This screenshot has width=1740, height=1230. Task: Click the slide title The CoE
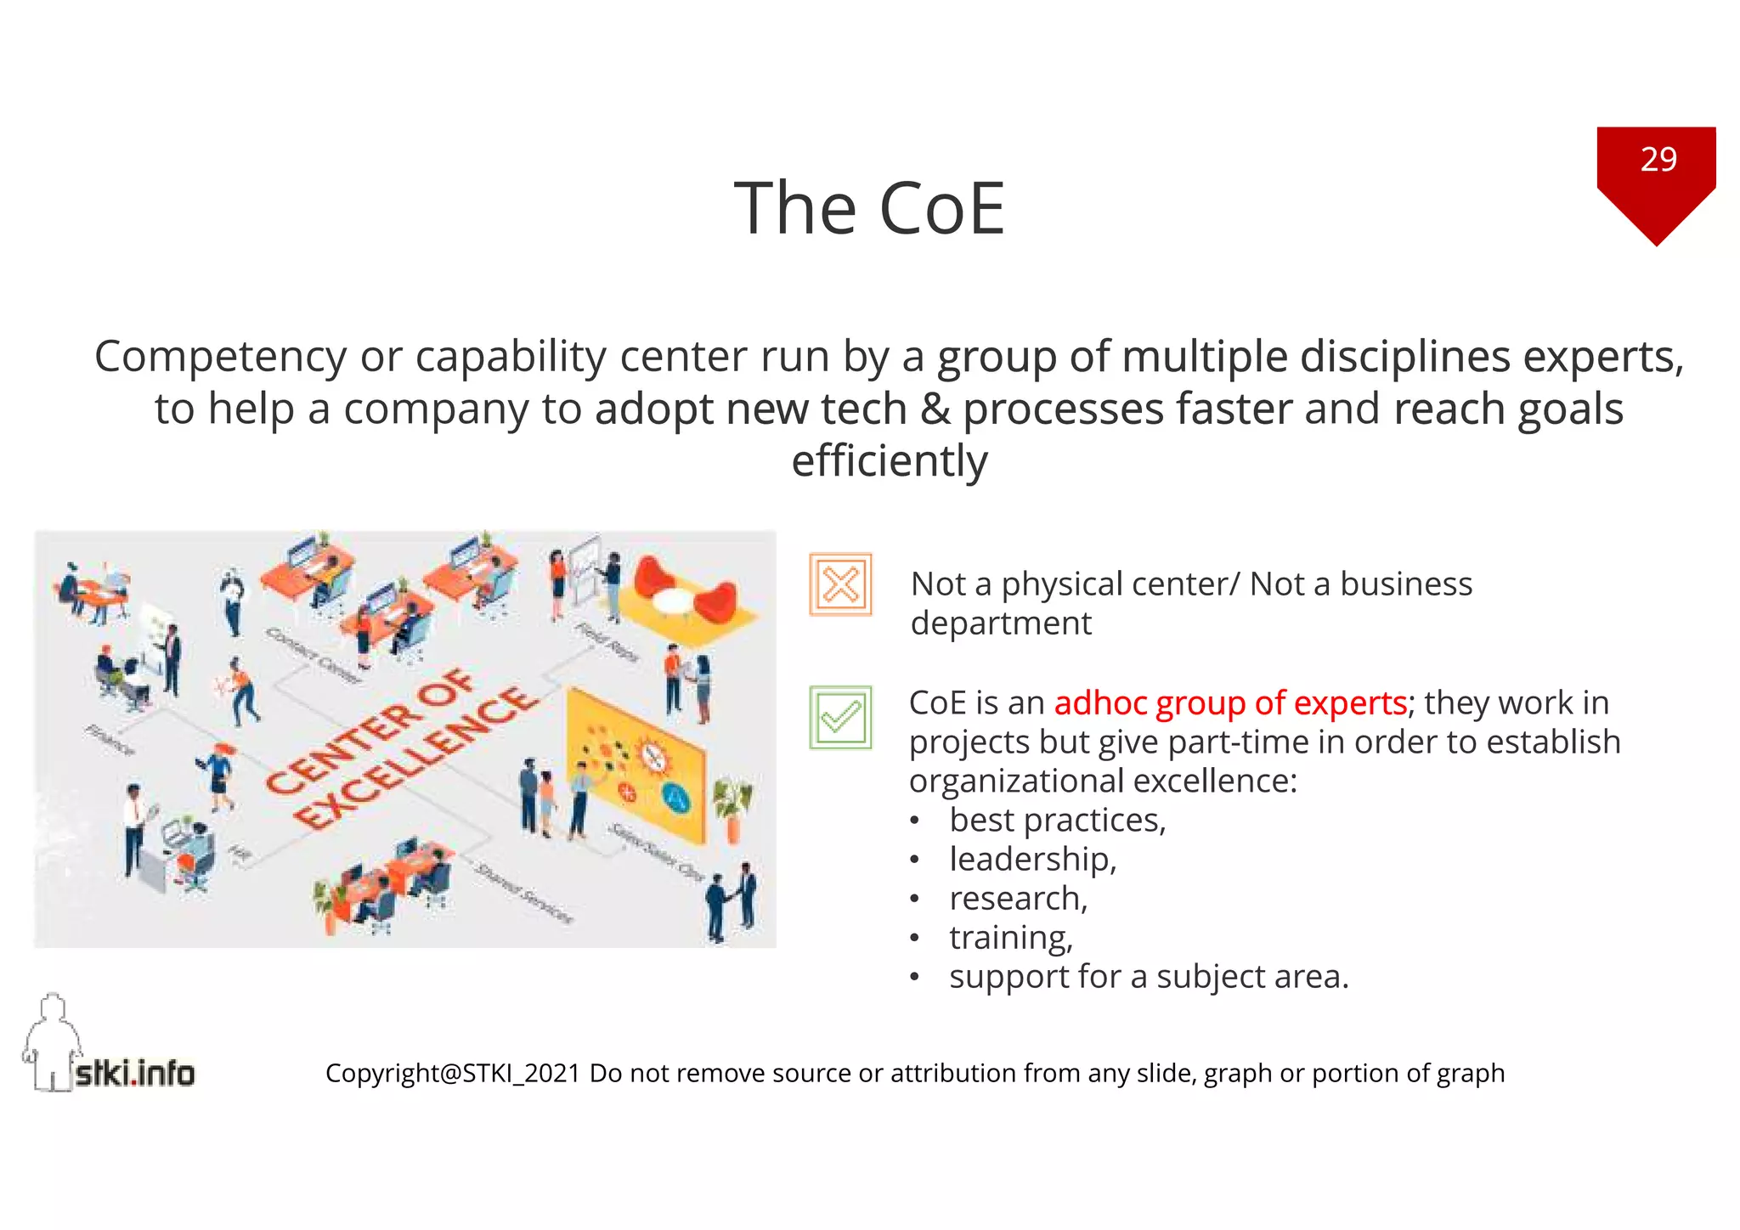[x=869, y=208]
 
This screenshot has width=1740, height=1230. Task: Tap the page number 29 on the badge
[x=1658, y=160]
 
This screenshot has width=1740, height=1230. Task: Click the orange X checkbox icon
[x=840, y=584]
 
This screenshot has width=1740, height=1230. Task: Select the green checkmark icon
[x=840, y=718]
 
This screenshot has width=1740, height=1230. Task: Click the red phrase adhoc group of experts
[x=1229, y=703]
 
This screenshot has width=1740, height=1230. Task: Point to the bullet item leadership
[x=1032, y=860]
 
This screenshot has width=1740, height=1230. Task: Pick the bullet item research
[x=1018, y=899]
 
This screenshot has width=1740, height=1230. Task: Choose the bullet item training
[x=1011, y=938]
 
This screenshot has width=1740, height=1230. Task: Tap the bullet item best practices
[x=1057, y=821]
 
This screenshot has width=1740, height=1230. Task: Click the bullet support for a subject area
[x=1148, y=977]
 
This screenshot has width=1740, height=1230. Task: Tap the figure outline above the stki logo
[x=52, y=1036]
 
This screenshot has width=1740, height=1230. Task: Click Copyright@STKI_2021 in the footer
[x=453, y=1074]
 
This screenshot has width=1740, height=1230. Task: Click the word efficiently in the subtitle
[x=889, y=461]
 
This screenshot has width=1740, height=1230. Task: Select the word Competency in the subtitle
[x=220, y=357]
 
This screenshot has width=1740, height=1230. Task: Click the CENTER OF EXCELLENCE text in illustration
[x=399, y=748]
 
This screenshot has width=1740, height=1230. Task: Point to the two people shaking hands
[x=731, y=905]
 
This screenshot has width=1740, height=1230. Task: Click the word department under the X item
[x=1001, y=623]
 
